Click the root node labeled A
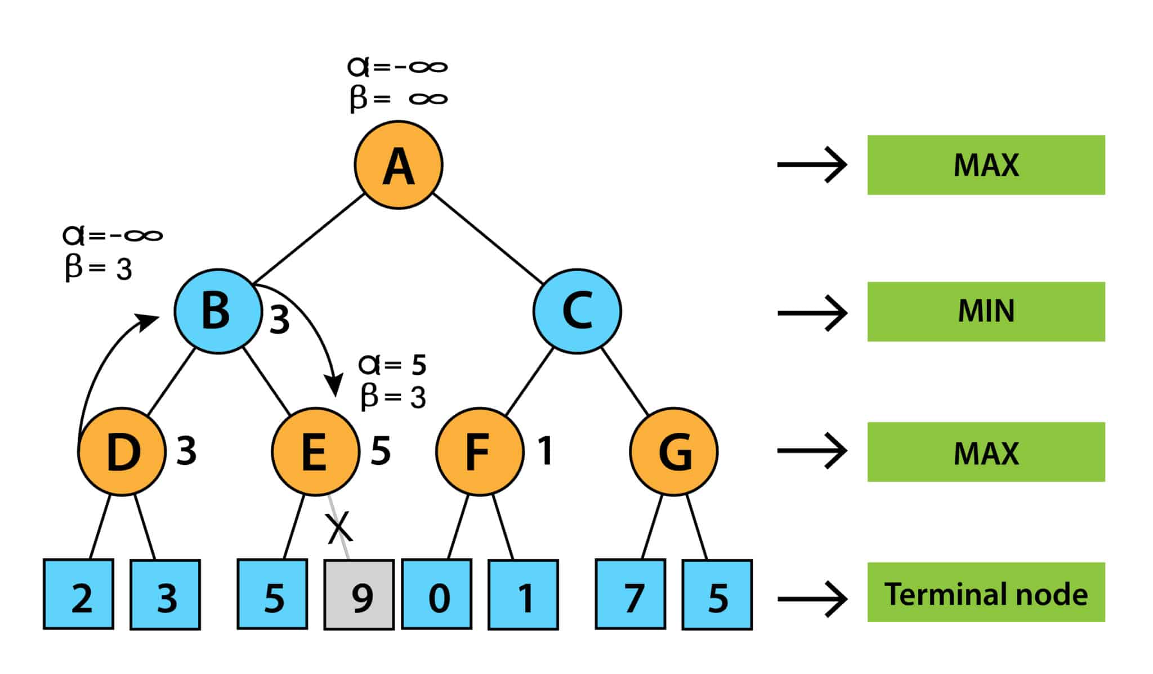click(x=398, y=165)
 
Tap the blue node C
click(x=577, y=311)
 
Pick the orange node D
click(x=122, y=451)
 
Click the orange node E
click(x=315, y=451)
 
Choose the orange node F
click(x=479, y=451)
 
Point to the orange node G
click(x=673, y=451)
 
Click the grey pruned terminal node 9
click(x=359, y=595)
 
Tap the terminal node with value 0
click(x=436, y=595)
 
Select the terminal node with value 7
click(x=631, y=595)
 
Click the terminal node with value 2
click(x=78, y=595)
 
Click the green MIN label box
click(x=986, y=312)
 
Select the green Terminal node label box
click(x=986, y=592)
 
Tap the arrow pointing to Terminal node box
click(x=812, y=598)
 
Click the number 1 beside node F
click(x=544, y=451)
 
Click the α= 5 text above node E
click(x=392, y=365)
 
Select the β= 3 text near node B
click(x=99, y=268)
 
